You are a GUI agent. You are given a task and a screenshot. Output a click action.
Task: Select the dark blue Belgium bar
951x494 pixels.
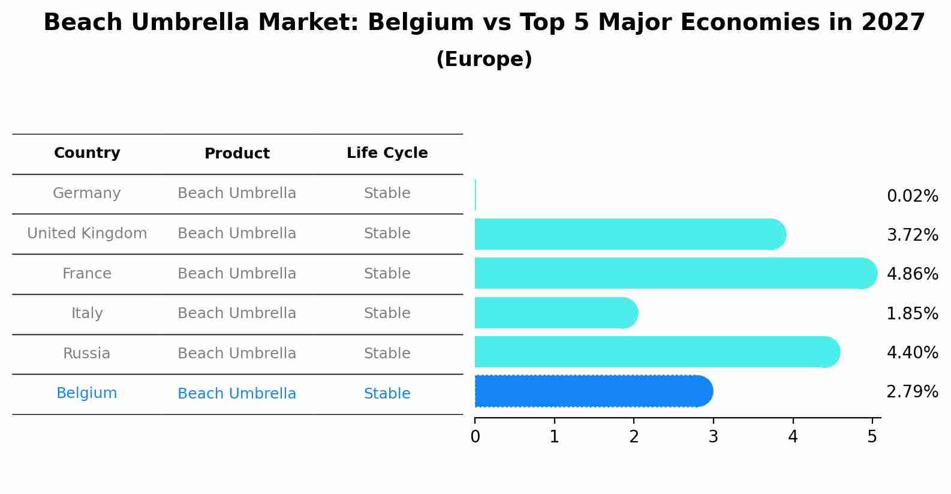click(x=594, y=391)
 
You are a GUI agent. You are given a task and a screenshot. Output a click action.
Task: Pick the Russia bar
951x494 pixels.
click(x=657, y=352)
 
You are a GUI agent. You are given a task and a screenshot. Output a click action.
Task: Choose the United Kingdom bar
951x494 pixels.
click(x=630, y=234)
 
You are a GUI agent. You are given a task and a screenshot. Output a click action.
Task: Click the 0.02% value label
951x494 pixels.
click(x=912, y=196)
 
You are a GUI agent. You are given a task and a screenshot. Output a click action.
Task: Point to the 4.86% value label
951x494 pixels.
click(x=912, y=274)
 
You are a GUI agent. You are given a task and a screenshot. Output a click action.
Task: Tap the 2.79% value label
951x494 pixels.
click(x=912, y=392)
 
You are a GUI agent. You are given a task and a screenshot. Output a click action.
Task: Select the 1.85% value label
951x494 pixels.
click(x=912, y=313)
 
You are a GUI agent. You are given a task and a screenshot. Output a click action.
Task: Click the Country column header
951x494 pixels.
click(x=87, y=153)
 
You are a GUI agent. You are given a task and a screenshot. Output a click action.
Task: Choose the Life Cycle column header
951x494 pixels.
click(x=387, y=153)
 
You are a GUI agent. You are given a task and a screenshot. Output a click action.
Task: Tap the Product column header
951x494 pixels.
click(x=237, y=154)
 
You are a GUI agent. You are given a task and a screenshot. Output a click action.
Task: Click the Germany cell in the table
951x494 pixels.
click(x=87, y=193)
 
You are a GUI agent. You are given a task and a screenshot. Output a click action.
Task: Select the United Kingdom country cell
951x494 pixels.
click(x=87, y=233)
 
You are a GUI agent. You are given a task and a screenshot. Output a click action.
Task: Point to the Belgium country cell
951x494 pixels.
click(x=87, y=393)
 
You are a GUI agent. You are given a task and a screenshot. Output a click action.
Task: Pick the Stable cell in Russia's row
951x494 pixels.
click(x=387, y=354)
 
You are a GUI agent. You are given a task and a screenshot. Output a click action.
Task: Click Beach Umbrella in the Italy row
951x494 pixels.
click(x=237, y=313)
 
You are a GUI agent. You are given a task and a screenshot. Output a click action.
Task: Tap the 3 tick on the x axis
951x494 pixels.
click(x=713, y=437)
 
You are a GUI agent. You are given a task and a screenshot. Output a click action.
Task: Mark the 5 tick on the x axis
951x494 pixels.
click(x=872, y=437)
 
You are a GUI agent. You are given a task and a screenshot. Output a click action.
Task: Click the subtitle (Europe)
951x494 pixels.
click(x=484, y=59)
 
